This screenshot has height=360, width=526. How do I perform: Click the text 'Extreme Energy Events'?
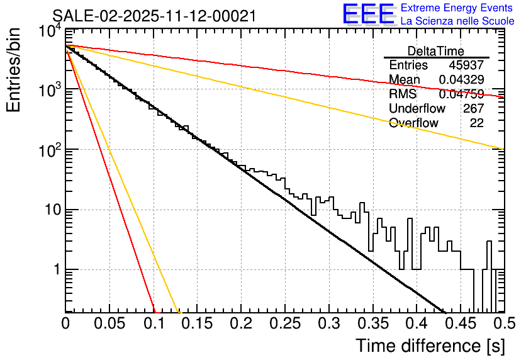pos(457,8)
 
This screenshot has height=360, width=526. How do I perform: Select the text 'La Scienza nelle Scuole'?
pos(457,21)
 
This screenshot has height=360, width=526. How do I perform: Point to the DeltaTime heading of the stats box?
pos(435,51)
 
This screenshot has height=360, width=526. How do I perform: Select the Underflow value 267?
pos(473,108)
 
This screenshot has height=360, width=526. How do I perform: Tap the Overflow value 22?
pos(476,123)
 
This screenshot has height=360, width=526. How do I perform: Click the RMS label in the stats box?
pos(403,94)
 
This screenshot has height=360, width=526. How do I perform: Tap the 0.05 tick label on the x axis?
pos(109,323)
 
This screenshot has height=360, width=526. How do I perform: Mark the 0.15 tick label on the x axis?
pos(197,323)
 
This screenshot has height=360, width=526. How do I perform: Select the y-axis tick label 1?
pos(55,269)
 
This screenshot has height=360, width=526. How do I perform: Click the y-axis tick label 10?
pos(50,210)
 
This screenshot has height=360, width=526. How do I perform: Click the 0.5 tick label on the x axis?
pos(504,323)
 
